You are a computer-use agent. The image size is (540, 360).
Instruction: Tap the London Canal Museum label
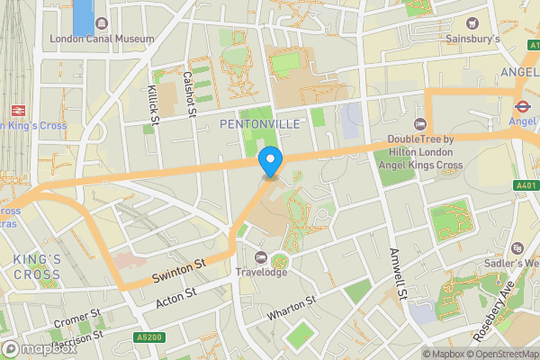(102, 39)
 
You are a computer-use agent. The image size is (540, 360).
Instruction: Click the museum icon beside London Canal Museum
(101, 22)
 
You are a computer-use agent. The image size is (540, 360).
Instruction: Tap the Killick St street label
(153, 103)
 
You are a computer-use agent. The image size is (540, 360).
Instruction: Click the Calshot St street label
(190, 94)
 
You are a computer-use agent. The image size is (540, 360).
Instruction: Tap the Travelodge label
(261, 272)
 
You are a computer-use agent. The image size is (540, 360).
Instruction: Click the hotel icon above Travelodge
(261, 256)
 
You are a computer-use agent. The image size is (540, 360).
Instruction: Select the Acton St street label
(176, 297)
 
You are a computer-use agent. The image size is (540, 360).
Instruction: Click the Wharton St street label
(292, 309)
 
